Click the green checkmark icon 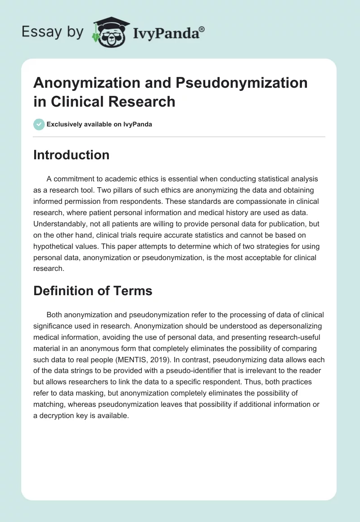click(x=39, y=125)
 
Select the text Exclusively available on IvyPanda click(x=99, y=125)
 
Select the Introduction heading click(x=72, y=155)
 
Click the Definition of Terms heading click(x=93, y=291)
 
